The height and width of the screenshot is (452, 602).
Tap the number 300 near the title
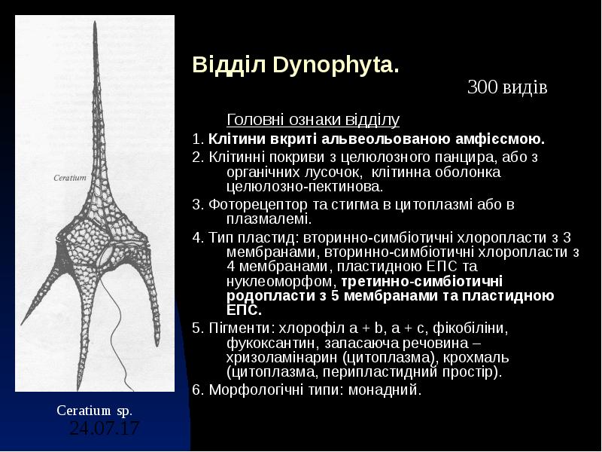(481, 88)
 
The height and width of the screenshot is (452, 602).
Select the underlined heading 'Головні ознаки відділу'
(313, 120)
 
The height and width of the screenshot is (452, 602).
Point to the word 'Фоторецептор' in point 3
(247, 205)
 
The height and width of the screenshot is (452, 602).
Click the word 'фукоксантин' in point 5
(266, 343)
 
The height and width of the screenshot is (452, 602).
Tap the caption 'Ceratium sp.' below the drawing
(94, 411)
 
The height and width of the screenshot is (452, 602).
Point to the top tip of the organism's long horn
(95, 25)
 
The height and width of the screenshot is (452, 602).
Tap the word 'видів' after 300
(524, 88)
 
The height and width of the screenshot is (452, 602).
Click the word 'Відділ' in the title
(219, 65)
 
